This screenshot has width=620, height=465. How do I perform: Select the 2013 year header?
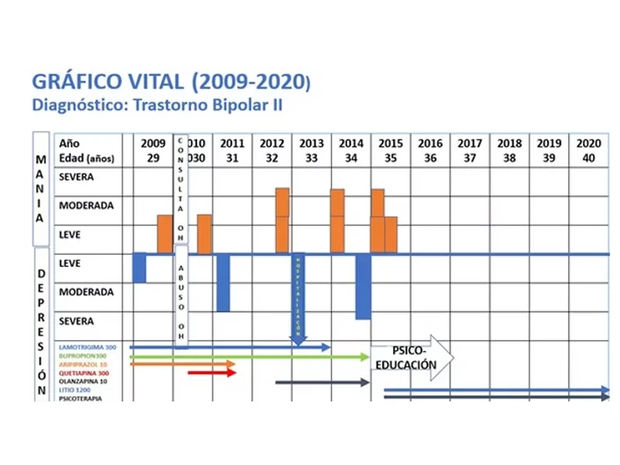pos(312,143)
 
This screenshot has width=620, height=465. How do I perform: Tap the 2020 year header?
pos(588,143)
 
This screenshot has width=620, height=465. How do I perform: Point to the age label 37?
pos(470,157)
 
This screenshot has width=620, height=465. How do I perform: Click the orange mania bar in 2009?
pos(164,233)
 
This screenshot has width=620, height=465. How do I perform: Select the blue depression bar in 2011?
pos(223,282)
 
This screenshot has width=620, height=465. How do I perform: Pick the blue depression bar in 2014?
pos(363,285)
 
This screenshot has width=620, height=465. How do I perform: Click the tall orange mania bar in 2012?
pos(282,202)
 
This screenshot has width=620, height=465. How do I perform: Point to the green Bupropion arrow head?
pos(365,356)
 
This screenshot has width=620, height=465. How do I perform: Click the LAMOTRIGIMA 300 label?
pos(88,347)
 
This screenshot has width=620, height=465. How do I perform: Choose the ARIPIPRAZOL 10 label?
pos(83,364)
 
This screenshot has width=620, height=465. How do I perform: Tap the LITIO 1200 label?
pos(77,390)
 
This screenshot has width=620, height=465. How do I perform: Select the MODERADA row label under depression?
pos(86,292)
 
